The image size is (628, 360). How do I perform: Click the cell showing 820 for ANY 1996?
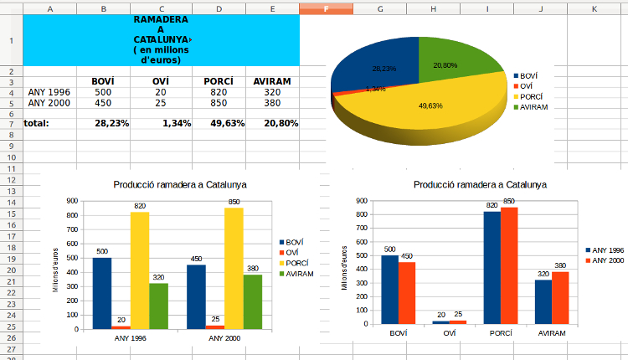tap(218, 92)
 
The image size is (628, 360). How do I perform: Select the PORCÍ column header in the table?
tap(218, 81)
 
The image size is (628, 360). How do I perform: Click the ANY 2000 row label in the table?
tap(49, 103)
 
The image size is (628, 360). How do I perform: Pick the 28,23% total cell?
tap(111, 123)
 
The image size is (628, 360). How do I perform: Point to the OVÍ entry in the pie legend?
tap(526, 85)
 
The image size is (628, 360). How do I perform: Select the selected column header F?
tap(326, 8)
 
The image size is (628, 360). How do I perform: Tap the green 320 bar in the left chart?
tap(158, 306)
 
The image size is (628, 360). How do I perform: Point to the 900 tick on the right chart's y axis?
tap(361, 201)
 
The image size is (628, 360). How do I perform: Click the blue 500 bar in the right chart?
tap(389, 289)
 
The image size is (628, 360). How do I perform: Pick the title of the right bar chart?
tap(480, 184)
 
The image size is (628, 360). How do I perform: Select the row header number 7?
tap(11, 123)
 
